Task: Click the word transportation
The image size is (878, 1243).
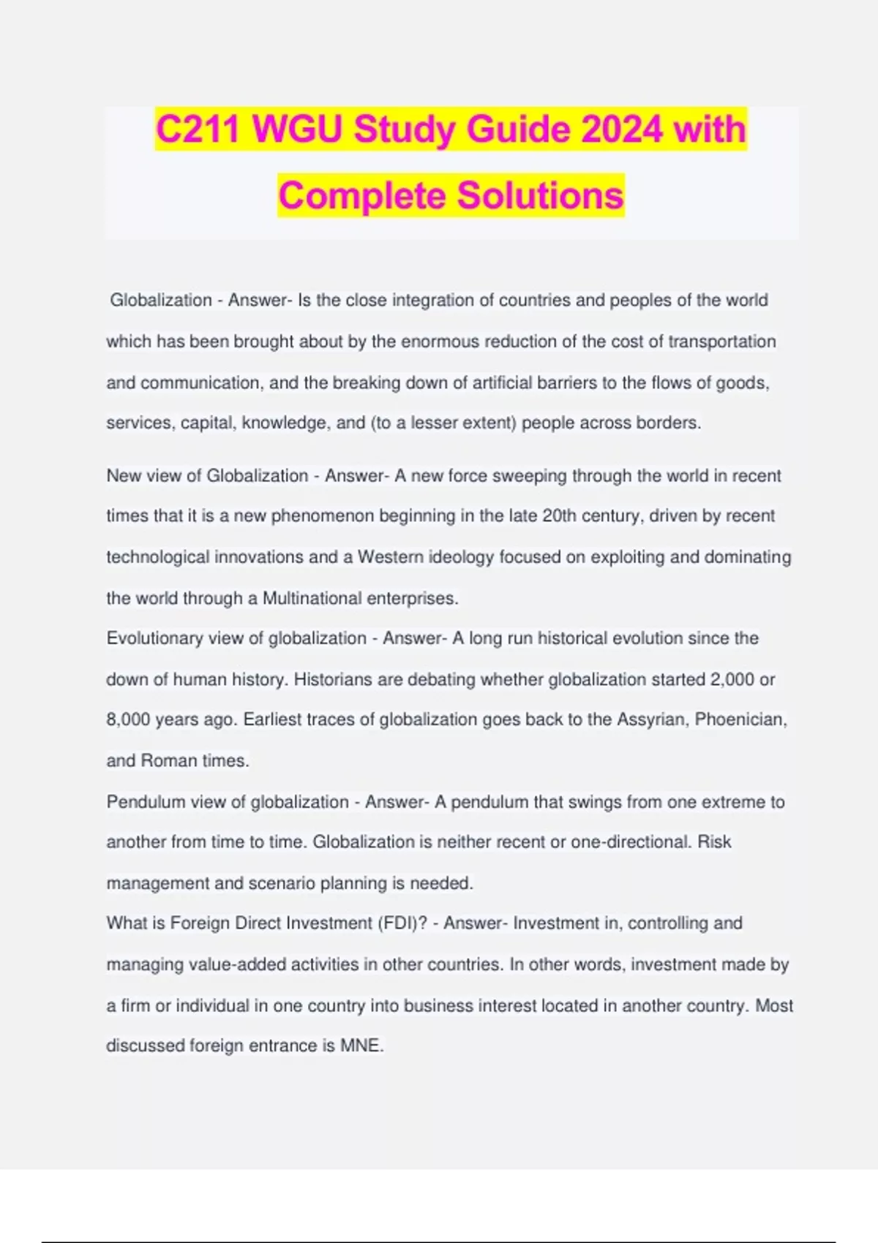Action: [721, 341]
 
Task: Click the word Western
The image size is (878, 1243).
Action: [389, 557]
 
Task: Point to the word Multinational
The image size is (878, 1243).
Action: [312, 598]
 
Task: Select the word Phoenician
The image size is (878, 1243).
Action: [740, 719]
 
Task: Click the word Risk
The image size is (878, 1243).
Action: [714, 842]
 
